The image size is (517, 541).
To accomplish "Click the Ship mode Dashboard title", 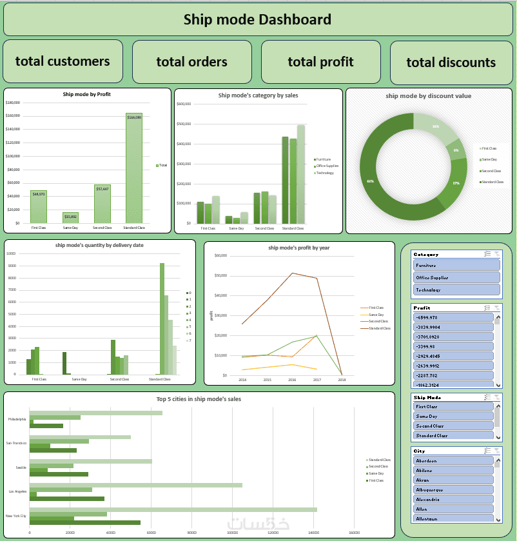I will [x=258, y=20].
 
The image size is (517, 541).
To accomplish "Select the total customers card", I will [x=63, y=61].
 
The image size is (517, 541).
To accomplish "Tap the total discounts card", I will [x=451, y=63].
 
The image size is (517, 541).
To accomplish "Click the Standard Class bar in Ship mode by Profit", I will [x=133, y=169].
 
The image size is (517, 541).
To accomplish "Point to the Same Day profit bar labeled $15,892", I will [x=70, y=217].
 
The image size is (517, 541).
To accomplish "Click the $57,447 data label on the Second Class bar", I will [x=102, y=189].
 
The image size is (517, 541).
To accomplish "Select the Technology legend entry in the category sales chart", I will [x=324, y=173].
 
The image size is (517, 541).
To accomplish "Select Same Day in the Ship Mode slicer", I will [x=453, y=417].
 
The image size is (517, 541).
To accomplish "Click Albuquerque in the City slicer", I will [x=453, y=489].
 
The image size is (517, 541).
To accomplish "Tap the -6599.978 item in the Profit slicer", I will [x=453, y=317].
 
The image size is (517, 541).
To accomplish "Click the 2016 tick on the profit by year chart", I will [x=292, y=380].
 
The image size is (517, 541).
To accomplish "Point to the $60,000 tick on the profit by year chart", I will [x=220, y=255].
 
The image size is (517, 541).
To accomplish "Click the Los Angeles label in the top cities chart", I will [x=17, y=491].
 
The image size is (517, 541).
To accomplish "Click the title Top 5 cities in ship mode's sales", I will [x=199, y=399].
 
